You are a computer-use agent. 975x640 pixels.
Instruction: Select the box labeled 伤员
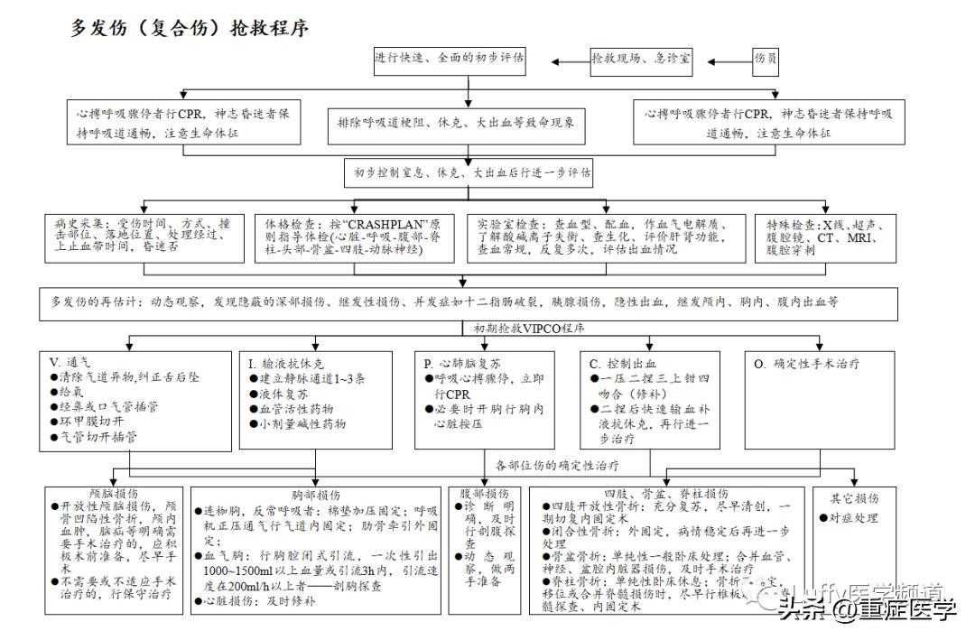[x=766, y=60]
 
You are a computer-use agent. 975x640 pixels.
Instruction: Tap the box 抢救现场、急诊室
[x=641, y=60]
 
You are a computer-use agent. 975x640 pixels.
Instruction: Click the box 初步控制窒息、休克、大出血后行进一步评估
[x=467, y=172]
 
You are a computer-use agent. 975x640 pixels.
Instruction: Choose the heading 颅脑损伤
[x=114, y=495]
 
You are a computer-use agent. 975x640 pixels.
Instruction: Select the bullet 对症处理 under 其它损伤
[x=853, y=519]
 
